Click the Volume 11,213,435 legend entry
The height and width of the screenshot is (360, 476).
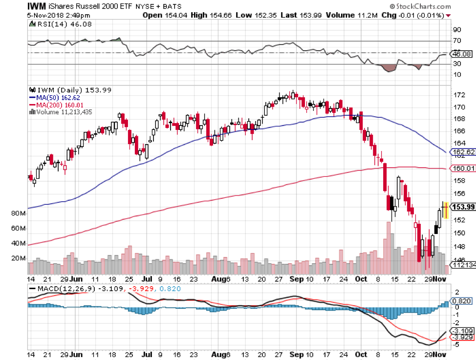64,112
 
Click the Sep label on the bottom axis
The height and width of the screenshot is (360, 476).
293,279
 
